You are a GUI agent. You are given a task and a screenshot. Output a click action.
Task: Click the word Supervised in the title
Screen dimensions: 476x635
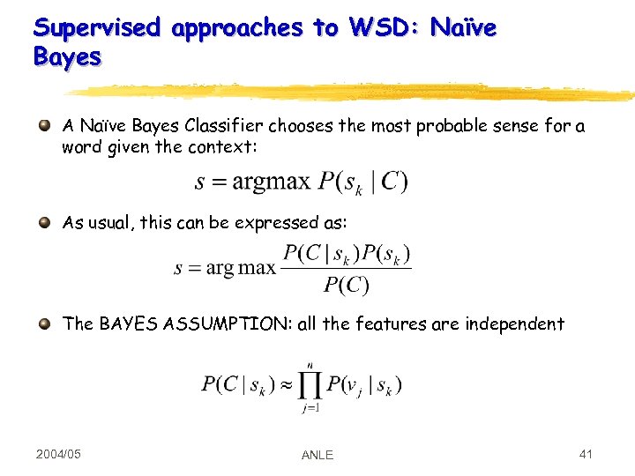(97, 28)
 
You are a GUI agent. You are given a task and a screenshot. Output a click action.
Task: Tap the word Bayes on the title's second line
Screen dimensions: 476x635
(67, 58)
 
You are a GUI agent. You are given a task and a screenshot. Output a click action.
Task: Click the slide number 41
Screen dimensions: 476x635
(585, 454)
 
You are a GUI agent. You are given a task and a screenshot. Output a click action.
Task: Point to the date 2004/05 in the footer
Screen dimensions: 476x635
(58, 454)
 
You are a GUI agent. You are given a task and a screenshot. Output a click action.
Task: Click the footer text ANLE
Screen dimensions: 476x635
(317, 455)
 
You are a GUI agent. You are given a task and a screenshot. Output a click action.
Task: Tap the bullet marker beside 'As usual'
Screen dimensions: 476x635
(44, 223)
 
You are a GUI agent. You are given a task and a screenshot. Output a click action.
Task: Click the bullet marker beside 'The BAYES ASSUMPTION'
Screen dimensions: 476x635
(44, 324)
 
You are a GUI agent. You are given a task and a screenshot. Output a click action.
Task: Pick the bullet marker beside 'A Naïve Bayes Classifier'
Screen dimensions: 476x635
(44, 126)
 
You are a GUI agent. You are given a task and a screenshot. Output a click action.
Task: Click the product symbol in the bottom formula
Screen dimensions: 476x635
(309, 385)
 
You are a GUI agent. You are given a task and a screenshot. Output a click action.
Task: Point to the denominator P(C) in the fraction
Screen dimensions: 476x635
(346, 285)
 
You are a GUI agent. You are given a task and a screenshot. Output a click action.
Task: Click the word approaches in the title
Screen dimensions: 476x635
(237, 28)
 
